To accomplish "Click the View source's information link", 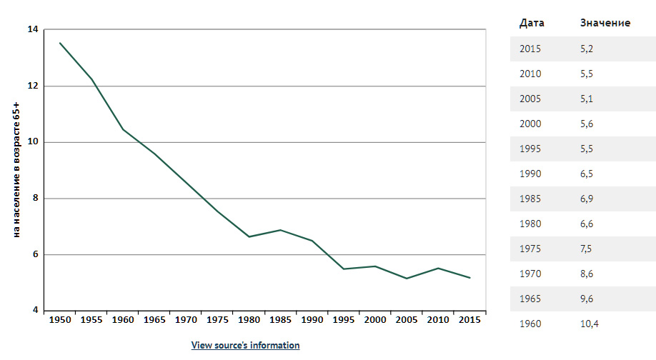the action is coord(245,346).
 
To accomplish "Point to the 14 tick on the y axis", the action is coord(33,29).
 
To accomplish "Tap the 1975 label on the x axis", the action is coord(217,320).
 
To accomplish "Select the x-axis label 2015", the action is coord(469,320).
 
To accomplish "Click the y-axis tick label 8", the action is coord(35,198).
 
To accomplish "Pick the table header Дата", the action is coord(532,23).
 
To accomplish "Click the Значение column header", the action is coord(605,23).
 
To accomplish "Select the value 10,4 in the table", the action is coord(590,324).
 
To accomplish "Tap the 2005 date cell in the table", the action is coord(530,99).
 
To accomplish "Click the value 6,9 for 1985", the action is coord(587,199).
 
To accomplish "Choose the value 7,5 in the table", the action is coord(586,249).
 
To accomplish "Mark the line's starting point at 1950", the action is coord(60,43).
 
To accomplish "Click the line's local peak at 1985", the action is coord(280,230).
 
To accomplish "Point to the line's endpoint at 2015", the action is coord(469,278).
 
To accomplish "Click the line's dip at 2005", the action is coord(407,279).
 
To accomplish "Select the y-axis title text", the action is coord(16,170).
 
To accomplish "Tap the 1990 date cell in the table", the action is coord(530,174).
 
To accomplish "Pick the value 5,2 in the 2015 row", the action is coord(587,49).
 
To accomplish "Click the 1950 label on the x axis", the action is coord(60,320).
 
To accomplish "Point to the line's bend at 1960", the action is coord(123,129).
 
